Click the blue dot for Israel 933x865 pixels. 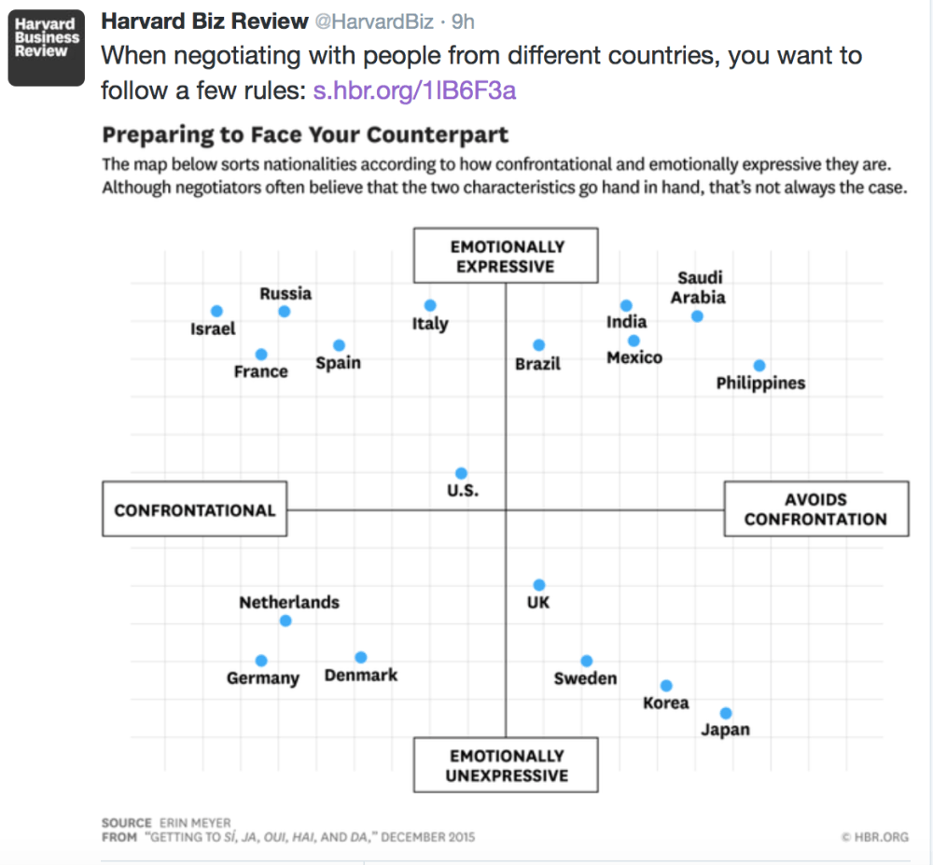[x=216, y=311]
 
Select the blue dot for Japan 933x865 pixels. [x=726, y=714]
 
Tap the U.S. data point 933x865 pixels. [x=461, y=474]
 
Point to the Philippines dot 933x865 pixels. [x=759, y=366]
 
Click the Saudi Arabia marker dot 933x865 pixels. [x=697, y=316]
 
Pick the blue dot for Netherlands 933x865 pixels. [x=285, y=621]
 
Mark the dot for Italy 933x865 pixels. [x=430, y=305]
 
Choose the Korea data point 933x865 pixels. [x=666, y=686]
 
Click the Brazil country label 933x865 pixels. [x=538, y=364]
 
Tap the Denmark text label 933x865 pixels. [x=361, y=675]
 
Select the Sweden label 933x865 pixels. [x=586, y=678]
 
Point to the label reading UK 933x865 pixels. [x=538, y=603]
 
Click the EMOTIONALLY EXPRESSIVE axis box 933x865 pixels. [x=506, y=257]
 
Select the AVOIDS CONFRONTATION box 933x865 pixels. [x=815, y=509]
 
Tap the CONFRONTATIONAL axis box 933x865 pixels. [x=194, y=510]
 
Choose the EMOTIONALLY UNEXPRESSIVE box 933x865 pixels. [x=506, y=765]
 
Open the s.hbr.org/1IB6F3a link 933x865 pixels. [x=414, y=91]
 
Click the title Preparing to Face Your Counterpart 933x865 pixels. [x=305, y=134]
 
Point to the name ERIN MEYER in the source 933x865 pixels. [x=195, y=823]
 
